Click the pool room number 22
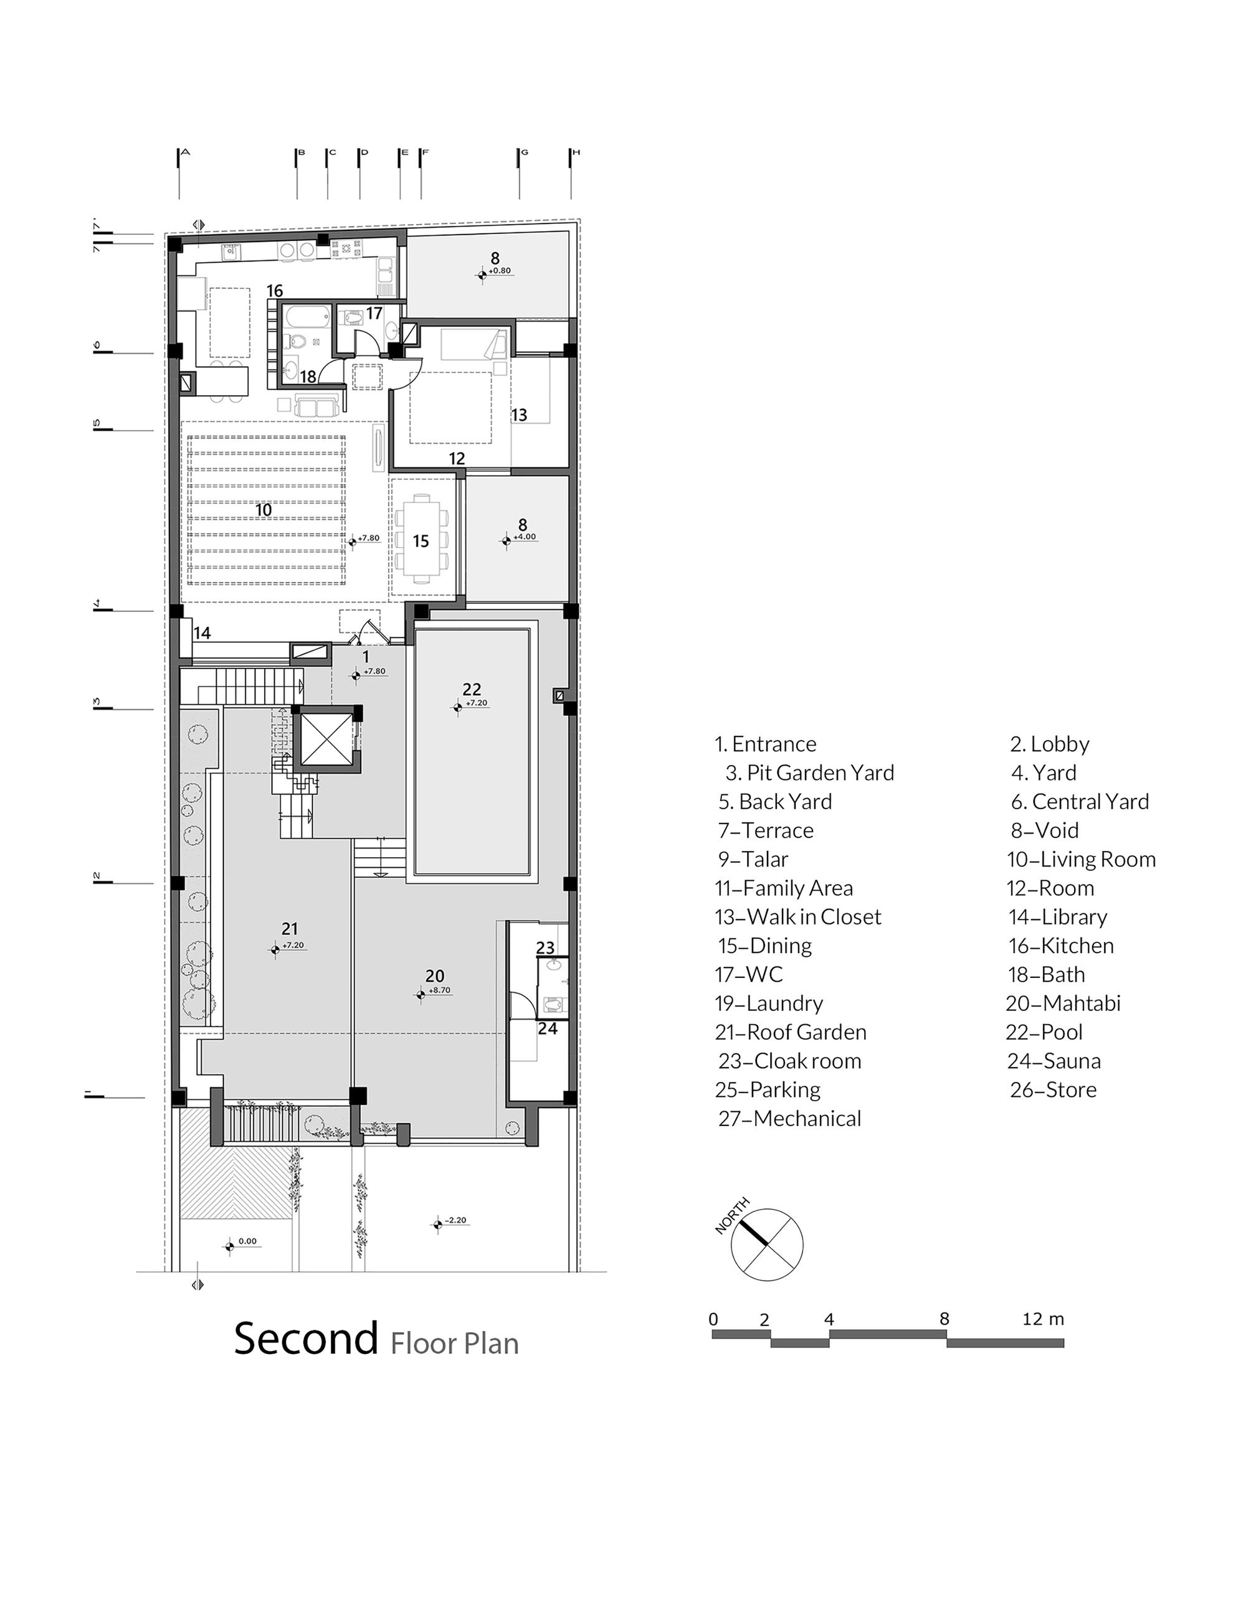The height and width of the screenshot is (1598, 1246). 472,689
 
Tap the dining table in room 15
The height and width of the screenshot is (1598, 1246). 421,539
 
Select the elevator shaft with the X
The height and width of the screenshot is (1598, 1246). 326,738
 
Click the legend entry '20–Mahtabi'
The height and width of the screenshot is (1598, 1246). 1063,1003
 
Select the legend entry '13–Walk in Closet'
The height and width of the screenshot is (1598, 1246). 798,917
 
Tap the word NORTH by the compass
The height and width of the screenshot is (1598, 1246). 732,1216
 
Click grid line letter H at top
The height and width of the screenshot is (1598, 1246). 576,153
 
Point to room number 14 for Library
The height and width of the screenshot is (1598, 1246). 202,633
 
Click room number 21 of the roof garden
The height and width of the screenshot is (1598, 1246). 290,929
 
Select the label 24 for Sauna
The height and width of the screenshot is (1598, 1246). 548,1029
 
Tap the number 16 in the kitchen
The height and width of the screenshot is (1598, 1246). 275,291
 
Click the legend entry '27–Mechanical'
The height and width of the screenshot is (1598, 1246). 789,1119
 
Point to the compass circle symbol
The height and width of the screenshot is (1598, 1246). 766,1244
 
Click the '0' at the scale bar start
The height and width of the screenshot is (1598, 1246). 713,1319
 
